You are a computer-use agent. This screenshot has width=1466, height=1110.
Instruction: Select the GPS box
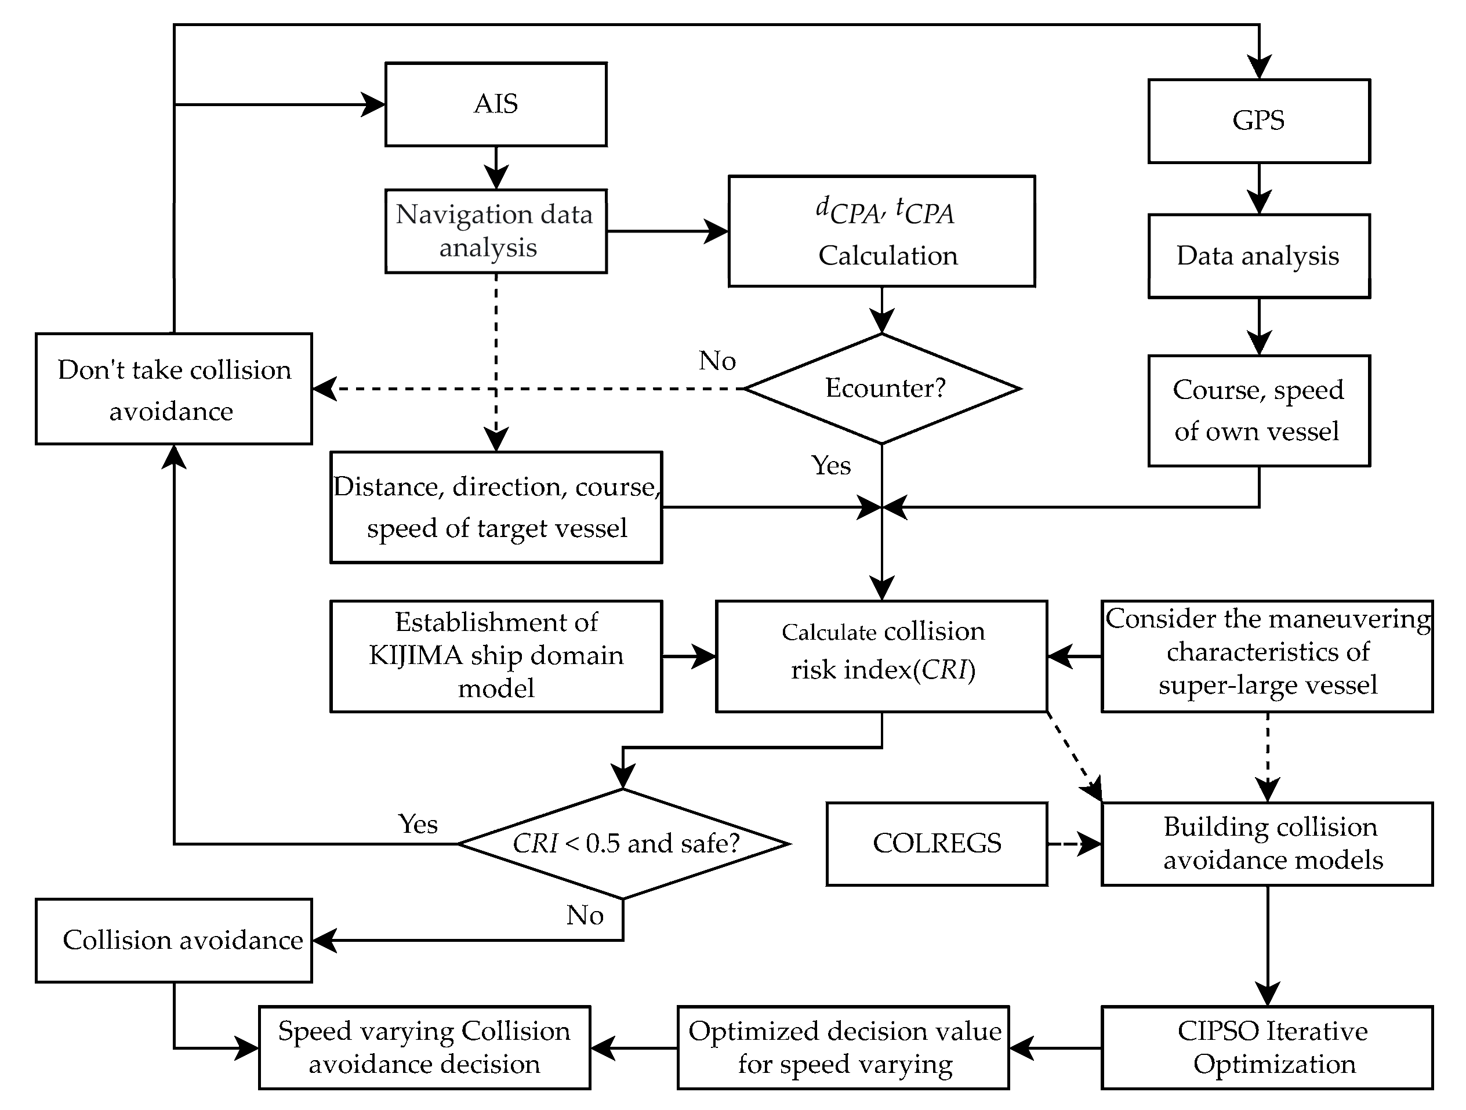coord(1258,121)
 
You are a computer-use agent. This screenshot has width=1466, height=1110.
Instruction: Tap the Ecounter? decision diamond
coord(882,389)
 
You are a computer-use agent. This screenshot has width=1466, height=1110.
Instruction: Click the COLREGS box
coord(937,844)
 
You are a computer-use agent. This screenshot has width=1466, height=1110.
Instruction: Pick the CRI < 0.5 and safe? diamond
coord(623,844)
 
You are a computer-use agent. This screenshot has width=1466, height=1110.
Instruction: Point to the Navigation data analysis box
coord(496,231)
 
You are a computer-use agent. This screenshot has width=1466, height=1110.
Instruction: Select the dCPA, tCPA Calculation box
coord(881,231)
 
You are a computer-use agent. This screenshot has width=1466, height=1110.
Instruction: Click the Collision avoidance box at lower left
coord(173,940)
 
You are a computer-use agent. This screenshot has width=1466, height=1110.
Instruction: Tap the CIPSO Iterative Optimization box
coord(1267,1048)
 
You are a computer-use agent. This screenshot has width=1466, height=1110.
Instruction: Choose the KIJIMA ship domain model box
coord(496,656)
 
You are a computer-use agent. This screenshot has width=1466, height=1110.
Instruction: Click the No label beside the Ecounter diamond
coord(717,361)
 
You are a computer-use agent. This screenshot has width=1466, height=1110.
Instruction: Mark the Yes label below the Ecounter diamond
coord(831,466)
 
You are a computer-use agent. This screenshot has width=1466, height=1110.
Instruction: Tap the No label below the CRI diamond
coord(585,916)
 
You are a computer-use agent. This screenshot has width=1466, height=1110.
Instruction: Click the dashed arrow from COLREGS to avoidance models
coord(1073,844)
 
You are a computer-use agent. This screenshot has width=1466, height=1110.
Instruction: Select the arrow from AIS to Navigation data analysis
coord(496,168)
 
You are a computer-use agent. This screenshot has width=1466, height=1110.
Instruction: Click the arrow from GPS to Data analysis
coord(1258,189)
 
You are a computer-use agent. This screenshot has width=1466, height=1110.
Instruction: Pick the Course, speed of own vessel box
coord(1258,411)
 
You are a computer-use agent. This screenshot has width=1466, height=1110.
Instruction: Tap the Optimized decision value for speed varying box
coord(843,1048)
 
